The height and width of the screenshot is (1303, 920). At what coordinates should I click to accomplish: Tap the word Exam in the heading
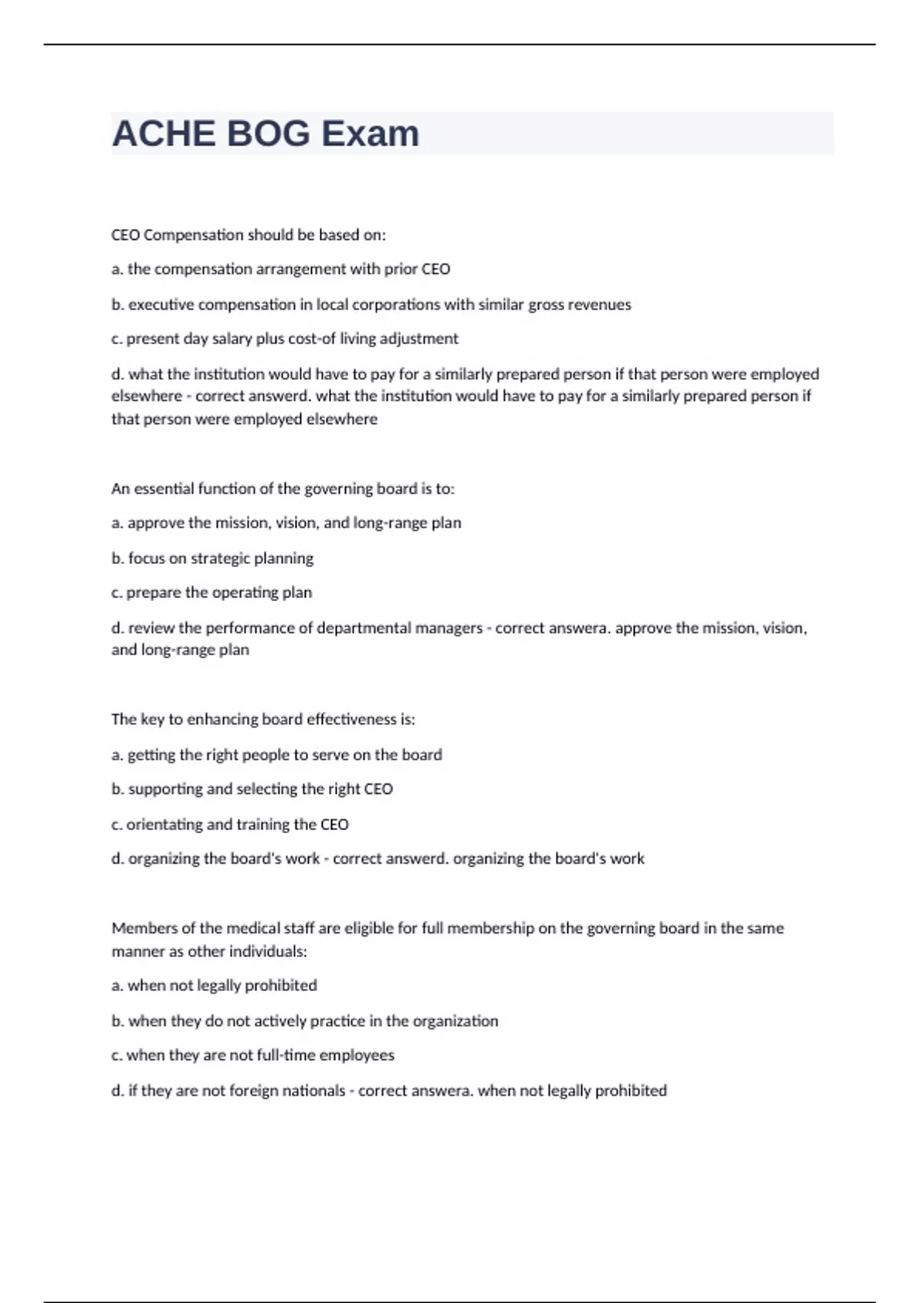pyautogui.click(x=370, y=134)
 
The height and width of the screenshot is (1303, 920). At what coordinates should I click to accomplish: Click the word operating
pyautogui.click(x=245, y=592)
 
